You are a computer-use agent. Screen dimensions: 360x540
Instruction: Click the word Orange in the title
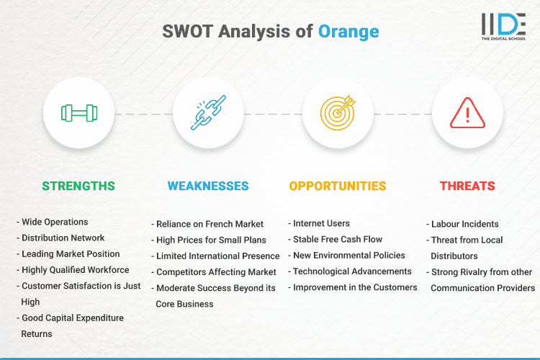click(x=348, y=32)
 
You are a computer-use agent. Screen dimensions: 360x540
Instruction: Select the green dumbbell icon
click(x=78, y=114)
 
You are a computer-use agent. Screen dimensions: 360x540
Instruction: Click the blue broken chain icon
click(x=208, y=114)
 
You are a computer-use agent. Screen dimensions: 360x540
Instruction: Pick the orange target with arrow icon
click(x=338, y=114)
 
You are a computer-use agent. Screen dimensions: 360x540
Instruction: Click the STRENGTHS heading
click(x=78, y=186)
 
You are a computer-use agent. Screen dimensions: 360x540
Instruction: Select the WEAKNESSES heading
click(x=208, y=186)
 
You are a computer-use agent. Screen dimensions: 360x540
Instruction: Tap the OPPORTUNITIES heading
click(x=338, y=186)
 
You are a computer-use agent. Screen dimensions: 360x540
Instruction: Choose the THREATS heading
click(x=467, y=186)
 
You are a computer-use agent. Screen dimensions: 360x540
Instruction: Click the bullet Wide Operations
click(x=55, y=222)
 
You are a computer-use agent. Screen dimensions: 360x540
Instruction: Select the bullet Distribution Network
click(x=63, y=238)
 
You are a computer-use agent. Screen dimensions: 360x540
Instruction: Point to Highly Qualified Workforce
click(x=75, y=270)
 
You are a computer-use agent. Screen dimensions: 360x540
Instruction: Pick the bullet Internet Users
click(x=322, y=224)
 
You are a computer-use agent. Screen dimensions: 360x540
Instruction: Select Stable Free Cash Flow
click(x=337, y=240)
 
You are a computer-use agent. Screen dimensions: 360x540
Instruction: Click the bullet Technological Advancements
click(x=352, y=271)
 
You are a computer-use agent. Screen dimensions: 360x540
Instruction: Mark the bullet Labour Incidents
click(x=464, y=224)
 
